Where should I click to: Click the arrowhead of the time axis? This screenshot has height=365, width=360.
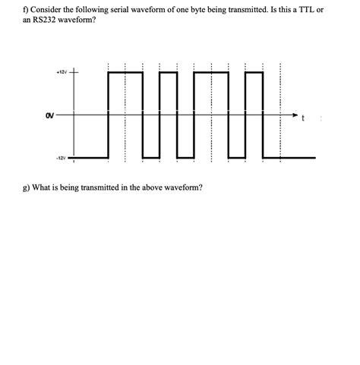(x=297, y=115)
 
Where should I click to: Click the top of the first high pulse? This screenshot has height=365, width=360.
(x=125, y=73)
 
